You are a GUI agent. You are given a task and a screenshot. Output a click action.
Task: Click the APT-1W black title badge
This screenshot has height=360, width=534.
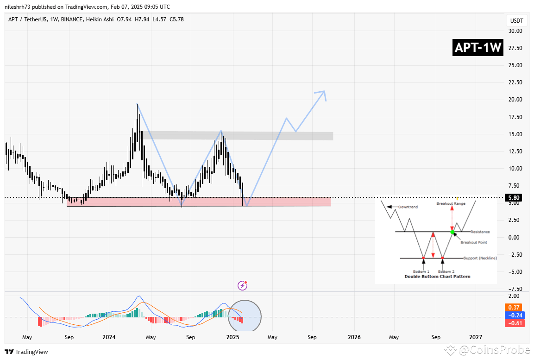pos(478,48)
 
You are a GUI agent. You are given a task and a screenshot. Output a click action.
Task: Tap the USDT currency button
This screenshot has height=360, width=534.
pos(516,21)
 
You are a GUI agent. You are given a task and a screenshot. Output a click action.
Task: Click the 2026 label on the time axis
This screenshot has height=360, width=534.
pos(354,337)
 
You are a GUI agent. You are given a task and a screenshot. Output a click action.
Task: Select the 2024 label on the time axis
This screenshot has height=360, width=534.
pos(109,337)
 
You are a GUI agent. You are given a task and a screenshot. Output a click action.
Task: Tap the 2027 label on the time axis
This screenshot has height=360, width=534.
pos(475,337)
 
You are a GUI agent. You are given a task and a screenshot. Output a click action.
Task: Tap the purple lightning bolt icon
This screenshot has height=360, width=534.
pos(242,285)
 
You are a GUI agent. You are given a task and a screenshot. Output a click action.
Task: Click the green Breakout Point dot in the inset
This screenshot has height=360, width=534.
pos(452,232)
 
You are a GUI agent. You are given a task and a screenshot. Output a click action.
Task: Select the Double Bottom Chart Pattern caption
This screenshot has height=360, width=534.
pos(437,277)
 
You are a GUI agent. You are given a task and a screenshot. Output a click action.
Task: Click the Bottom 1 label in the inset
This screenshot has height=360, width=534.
pos(421,272)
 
